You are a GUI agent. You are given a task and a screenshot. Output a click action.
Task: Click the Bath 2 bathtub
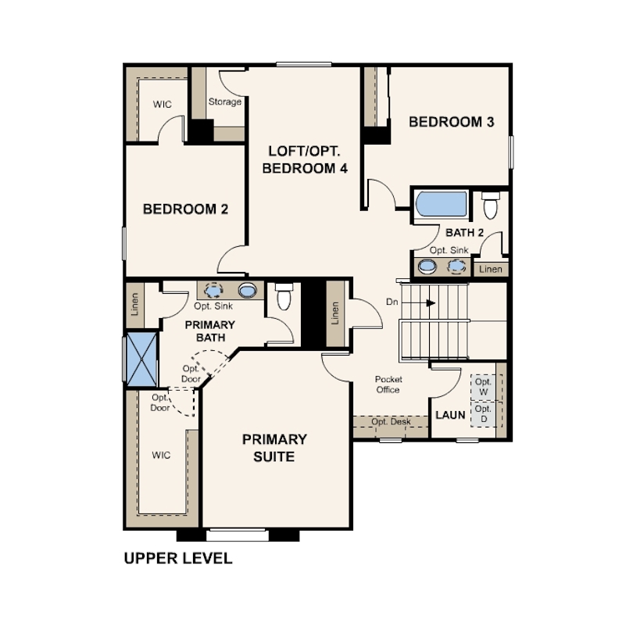pyautogui.click(x=442, y=204)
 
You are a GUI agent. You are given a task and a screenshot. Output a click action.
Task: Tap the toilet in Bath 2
pyautogui.click(x=491, y=205)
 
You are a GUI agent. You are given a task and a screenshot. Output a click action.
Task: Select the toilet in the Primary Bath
pyautogui.click(x=284, y=296)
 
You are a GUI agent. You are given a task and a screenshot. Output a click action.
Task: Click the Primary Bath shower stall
pyautogui.click(x=141, y=359)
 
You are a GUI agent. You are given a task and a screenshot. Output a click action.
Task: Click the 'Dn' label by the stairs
pyautogui.click(x=392, y=302)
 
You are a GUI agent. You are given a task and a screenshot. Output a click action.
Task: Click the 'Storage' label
pyautogui.click(x=225, y=102)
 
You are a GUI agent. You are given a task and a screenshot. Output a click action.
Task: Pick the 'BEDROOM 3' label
pyautogui.click(x=452, y=122)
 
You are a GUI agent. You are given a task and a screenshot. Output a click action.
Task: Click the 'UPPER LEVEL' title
pyautogui.click(x=178, y=558)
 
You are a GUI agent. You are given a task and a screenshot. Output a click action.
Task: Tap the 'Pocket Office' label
pyautogui.click(x=388, y=384)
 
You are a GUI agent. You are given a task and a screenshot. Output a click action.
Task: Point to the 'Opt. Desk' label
pyautogui.click(x=391, y=422)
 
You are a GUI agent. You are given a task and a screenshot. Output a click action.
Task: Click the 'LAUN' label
pyautogui.click(x=450, y=415)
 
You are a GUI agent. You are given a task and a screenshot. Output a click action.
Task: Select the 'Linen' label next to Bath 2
pyautogui.click(x=491, y=270)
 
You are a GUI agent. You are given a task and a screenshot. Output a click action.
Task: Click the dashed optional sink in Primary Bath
pyautogui.click(x=213, y=290)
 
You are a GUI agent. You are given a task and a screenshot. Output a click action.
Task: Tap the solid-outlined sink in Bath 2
pyautogui.click(x=427, y=266)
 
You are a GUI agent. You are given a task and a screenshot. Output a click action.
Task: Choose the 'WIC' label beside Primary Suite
pyautogui.click(x=161, y=456)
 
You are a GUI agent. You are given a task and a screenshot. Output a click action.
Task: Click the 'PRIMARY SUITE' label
pyautogui.click(x=274, y=448)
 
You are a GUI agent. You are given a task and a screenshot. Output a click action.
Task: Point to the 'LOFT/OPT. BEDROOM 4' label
pyautogui.click(x=305, y=159)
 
